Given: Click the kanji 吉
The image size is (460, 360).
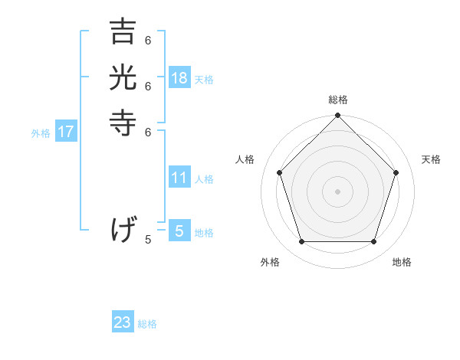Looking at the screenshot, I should pos(123,33).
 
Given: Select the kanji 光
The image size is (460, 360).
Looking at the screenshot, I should pos(123,78).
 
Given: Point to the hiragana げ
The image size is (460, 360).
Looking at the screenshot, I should pos(123,229).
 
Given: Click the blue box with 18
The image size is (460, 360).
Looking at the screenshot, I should pos(179,78).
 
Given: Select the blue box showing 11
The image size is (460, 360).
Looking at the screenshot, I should pos(179,178).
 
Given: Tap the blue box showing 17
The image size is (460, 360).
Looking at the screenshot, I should pos(66,132).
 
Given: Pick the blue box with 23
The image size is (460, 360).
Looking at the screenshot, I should pos(123,322).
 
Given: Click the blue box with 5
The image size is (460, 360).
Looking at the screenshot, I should pos(179,231).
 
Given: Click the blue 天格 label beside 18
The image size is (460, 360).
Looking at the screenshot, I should pos(204,80).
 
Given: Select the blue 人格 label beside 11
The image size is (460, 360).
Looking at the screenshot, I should pos(204,179).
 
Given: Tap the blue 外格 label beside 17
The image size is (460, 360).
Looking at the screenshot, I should pos(41,133).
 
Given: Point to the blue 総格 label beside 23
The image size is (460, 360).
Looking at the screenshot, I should pos(147,324).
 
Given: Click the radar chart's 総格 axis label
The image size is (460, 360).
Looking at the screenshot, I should pos(338,100).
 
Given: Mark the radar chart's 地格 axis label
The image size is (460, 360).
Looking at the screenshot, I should pos(402,262).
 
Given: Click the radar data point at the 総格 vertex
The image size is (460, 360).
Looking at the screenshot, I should pos(337,116).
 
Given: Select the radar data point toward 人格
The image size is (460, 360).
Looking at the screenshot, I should pos(280,172).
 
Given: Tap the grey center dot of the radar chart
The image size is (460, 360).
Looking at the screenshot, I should pos(337,191).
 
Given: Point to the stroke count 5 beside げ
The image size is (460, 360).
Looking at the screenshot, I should pos(148,240).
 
